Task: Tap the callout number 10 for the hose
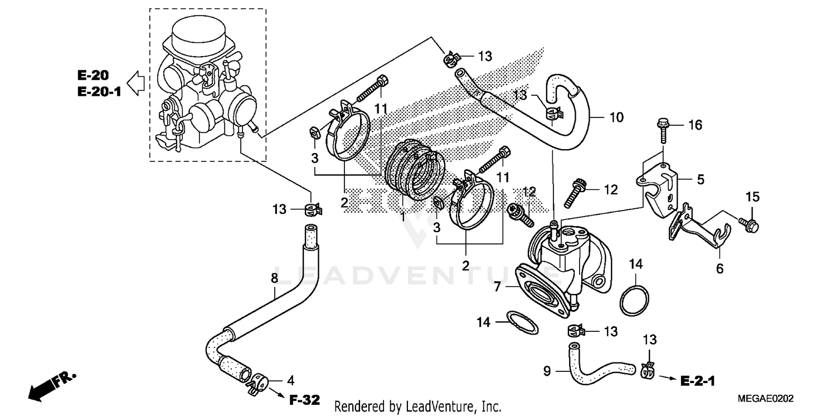[x=616, y=117]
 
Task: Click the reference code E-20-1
[x=99, y=91]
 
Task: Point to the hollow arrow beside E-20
[x=135, y=84]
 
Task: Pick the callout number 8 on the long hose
[x=274, y=277]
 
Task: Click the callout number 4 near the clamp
[x=290, y=381]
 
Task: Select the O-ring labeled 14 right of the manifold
[x=634, y=300]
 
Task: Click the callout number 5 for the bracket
[x=701, y=179]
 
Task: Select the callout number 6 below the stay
[x=720, y=268]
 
